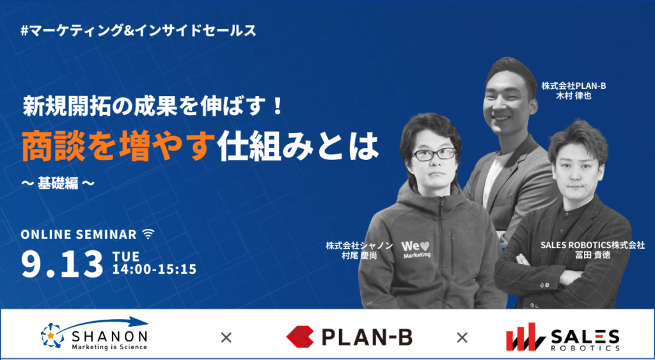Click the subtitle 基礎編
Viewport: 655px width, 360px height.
point(58,183)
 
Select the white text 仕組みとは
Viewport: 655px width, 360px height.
point(299,148)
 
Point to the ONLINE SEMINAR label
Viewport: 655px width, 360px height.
point(79,235)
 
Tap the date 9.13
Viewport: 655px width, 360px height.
point(62,264)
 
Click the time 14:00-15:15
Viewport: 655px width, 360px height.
point(154,269)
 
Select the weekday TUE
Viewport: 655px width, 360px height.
point(126,255)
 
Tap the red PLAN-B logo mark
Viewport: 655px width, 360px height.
point(300,337)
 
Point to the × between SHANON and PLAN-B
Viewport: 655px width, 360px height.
point(226,338)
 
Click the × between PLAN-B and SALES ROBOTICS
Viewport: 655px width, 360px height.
point(462,338)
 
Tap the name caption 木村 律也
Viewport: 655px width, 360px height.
point(574,95)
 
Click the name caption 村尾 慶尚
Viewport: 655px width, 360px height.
point(359,255)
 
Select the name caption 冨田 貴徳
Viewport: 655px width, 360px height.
point(592,254)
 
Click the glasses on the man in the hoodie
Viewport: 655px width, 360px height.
point(434,153)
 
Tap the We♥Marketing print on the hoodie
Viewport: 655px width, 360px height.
point(416,249)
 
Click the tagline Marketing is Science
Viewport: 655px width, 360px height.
point(109,347)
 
